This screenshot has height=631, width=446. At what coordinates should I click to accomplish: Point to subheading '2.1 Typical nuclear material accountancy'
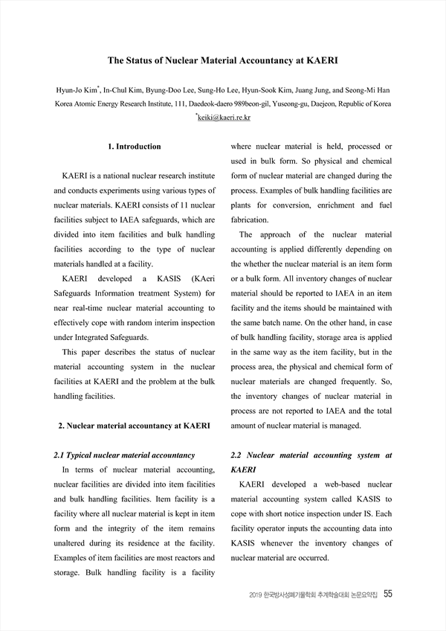pyautogui.click(x=125, y=454)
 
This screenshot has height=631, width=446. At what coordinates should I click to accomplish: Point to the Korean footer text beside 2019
pyautogui.click(x=324, y=595)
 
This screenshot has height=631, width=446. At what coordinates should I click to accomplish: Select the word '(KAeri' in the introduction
pyautogui.click(x=199, y=278)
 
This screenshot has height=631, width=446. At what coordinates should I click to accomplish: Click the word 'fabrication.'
pyautogui.click(x=250, y=220)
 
